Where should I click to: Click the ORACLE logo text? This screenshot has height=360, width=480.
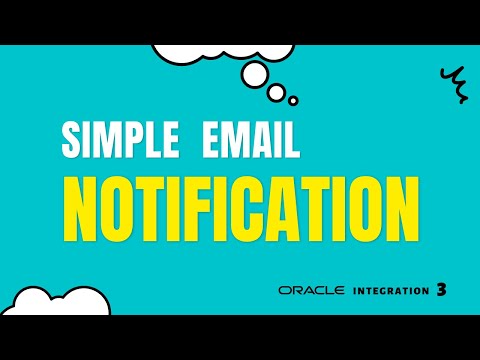pyautogui.click(x=312, y=290)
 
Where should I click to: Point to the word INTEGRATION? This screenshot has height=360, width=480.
pyautogui.click(x=387, y=290)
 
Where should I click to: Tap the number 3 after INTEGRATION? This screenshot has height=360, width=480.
pyautogui.click(x=441, y=290)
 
